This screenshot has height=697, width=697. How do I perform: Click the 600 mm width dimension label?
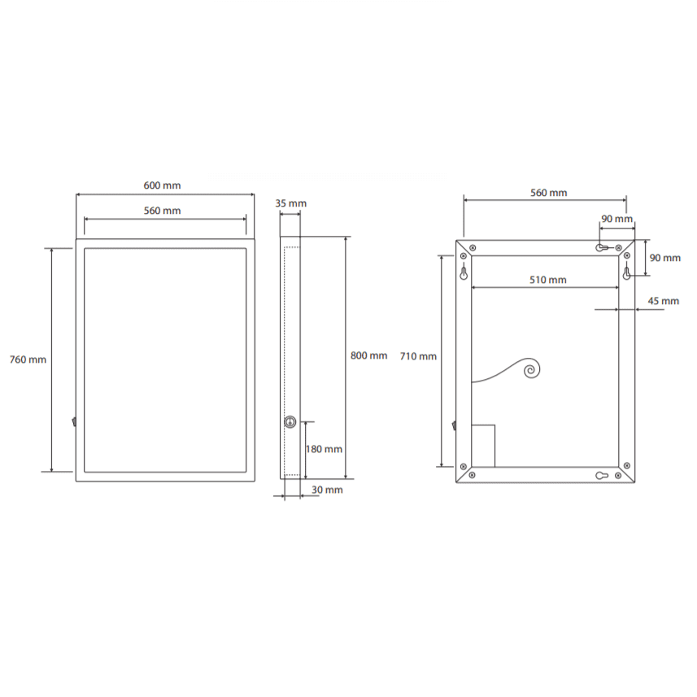162,185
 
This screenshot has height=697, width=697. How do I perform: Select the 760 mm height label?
28,359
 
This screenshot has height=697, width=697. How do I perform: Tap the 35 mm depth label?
290,203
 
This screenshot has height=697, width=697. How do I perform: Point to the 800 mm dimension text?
368,355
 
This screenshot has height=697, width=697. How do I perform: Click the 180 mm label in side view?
324,450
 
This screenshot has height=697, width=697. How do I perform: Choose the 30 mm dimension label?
327,490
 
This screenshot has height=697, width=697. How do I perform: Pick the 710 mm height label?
418,356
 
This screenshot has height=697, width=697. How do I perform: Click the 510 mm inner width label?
547,280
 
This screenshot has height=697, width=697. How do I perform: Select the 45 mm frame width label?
663,301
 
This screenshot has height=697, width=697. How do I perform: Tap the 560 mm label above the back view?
548,193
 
